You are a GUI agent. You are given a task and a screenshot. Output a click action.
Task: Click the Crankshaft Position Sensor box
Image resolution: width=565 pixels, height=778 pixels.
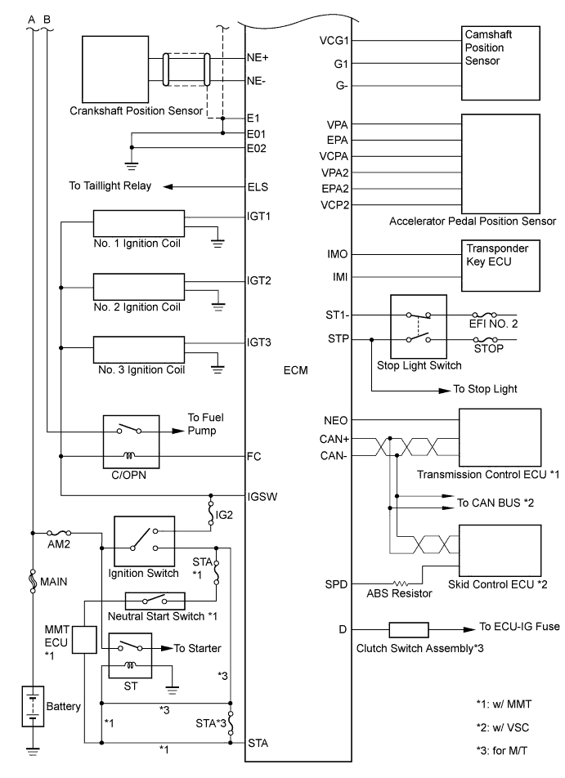(120, 69)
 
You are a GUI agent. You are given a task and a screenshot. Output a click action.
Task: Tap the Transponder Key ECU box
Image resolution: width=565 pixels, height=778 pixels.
(500, 264)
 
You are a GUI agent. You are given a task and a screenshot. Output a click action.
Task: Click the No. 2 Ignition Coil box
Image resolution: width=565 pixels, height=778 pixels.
(137, 287)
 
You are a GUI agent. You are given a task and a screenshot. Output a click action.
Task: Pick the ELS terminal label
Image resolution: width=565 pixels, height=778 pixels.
(257, 186)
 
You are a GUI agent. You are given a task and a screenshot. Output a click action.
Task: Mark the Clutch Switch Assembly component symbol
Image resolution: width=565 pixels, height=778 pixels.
(408, 629)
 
